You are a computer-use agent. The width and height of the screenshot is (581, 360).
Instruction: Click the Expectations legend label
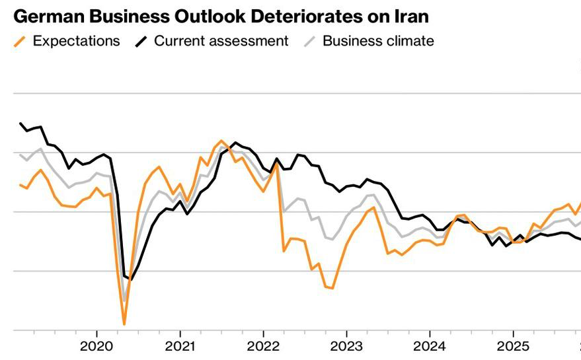tap(76, 41)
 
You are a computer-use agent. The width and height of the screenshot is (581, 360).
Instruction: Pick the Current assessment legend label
tap(221, 41)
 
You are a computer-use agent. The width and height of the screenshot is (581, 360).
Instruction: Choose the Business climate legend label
tap(378, 41)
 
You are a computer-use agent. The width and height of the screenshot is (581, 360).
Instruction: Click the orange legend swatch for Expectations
tap(20, 42)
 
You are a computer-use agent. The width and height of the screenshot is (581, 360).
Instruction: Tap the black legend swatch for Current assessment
tap(141, 42)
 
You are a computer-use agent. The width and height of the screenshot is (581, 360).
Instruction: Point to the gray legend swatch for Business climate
tap(309, 42)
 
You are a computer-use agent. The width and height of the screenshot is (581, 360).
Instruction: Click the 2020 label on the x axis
tap(97, 346)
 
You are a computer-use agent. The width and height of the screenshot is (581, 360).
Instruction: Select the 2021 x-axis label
tap(180, 346)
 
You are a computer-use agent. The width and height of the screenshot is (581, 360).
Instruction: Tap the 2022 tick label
tap(263, 346)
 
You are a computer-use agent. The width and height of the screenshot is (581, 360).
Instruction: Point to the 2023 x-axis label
tap(346, 346)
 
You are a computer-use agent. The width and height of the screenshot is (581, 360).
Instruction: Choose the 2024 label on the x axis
tap(430, 346)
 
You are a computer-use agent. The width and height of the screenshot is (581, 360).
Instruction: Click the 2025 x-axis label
tap(513, 346)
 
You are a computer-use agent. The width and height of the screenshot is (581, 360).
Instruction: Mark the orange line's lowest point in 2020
tap(124, 324)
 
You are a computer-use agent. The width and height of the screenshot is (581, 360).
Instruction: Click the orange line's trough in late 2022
tap(332, 288)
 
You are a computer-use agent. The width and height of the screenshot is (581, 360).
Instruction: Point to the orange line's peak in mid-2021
tap(221, 141)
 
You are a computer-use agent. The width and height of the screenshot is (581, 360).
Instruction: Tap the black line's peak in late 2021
tap(235, 143)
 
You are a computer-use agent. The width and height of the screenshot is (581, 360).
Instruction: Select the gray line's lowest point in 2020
tap(124, 301)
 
